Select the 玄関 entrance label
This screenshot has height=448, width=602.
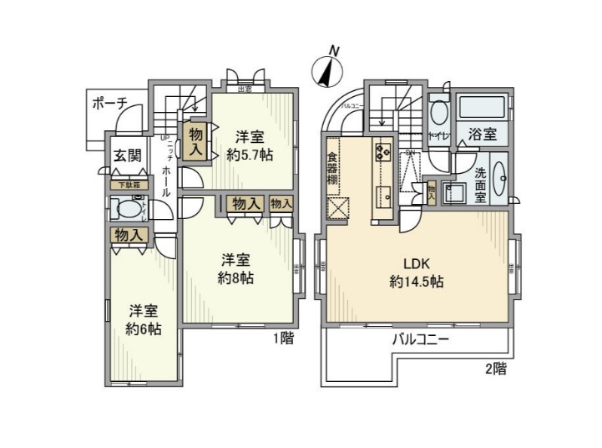point(128,155)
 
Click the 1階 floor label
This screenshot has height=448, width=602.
point(284,339)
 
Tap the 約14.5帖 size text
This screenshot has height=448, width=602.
point(415,282)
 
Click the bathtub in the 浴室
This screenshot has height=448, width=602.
point(483,108)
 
